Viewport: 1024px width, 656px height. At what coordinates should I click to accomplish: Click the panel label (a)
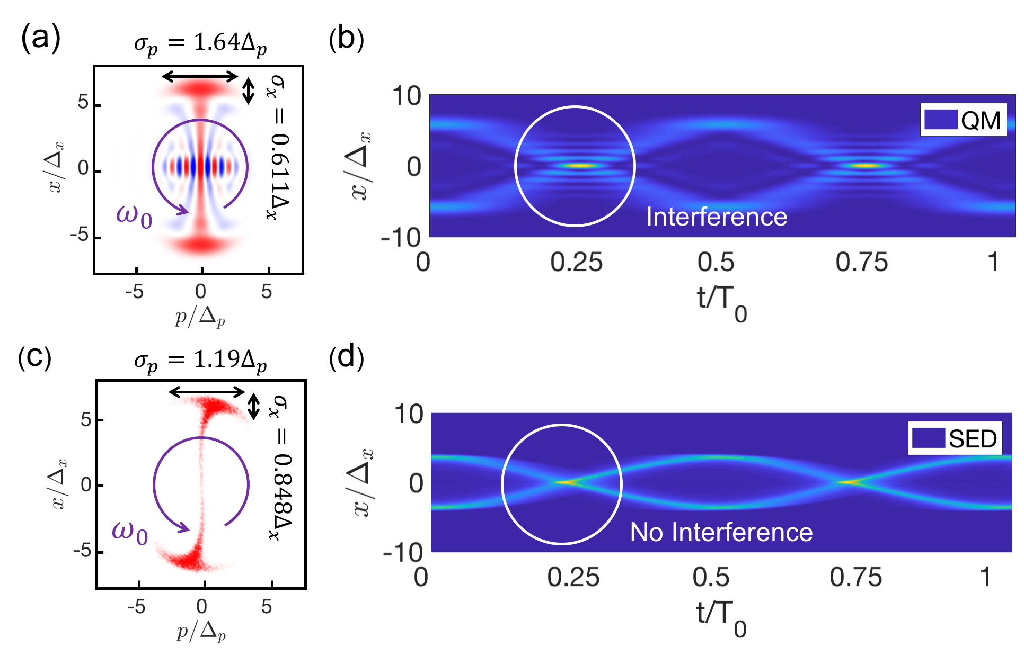(x=40, y=38)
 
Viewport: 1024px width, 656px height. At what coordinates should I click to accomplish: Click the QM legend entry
(x=963, y=120)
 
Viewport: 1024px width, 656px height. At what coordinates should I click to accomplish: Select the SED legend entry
(x=955, y=438)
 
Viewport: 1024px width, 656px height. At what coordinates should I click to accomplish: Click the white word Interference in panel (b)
(x=716, y=217)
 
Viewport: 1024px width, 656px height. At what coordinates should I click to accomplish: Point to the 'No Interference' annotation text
(x=721, y=532)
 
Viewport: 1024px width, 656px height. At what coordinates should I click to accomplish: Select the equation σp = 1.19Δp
(x=200, y=361)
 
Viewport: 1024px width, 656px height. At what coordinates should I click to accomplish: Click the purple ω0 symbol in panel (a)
(x=134, y=215)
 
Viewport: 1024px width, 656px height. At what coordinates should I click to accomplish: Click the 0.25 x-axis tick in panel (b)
(x=576, y=263)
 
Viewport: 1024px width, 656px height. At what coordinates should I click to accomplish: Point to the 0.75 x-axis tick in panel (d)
(x=855, y=577)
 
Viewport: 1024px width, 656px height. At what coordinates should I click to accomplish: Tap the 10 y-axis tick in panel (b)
(x=406, y=96)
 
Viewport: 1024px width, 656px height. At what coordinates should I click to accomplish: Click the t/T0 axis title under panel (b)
(x=721, y=302)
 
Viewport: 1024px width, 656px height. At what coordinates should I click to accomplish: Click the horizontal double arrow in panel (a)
(x=200, y=77)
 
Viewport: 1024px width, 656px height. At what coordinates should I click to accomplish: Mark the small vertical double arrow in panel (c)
(x=254, y=406)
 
